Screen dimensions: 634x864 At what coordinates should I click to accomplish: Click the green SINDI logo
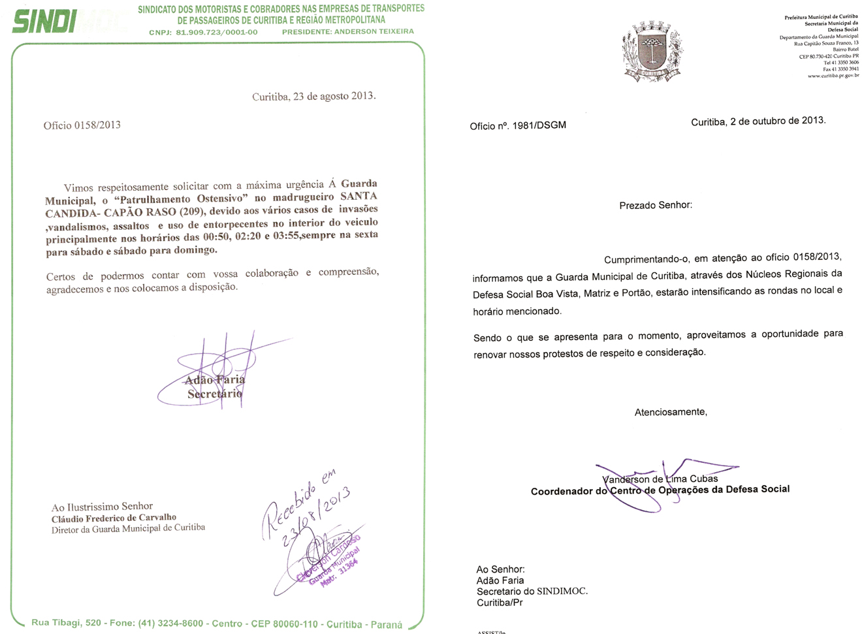coord(44,22)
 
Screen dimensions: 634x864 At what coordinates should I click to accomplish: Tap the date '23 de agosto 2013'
coord(333,96)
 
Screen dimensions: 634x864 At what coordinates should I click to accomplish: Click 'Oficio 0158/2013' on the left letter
coord(82,125)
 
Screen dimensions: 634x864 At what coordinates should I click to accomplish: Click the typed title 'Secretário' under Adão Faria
coord(215,394)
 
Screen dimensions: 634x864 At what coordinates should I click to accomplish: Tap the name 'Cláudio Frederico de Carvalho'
coord(114,518)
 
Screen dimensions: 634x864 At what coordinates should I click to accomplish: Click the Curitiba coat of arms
coord(652,52)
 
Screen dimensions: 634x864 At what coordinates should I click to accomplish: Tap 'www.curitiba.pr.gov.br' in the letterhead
coord(833,76)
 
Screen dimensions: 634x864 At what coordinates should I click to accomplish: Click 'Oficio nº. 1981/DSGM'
coord(518,125)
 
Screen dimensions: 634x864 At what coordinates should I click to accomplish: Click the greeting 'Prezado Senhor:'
coord(656,205)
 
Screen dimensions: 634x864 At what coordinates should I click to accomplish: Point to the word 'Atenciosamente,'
coord(671,412)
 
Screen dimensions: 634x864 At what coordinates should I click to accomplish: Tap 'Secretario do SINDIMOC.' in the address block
coord(532,592)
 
